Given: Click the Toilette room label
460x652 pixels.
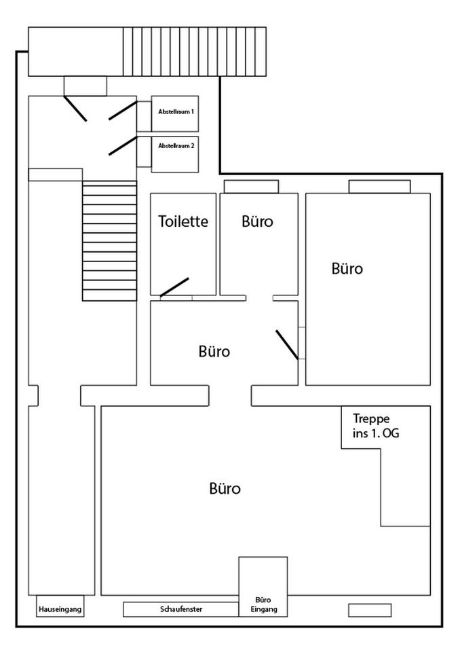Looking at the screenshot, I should coord(183,221).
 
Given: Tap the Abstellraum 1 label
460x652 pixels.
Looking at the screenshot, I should coord(176,110).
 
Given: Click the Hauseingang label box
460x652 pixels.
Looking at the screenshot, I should coord(60,609).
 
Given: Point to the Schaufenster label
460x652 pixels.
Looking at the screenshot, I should coord(181,609).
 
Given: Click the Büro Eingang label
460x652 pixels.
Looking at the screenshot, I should coord(263,605).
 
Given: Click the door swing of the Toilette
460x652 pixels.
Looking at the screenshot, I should coord(174,287).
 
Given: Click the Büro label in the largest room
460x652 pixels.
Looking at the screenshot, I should coord(225,488).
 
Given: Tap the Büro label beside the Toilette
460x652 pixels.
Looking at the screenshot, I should coord(258,221).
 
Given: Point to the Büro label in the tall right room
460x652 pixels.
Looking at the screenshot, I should coord(347,268).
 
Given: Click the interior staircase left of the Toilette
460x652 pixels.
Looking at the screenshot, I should coord(109,240).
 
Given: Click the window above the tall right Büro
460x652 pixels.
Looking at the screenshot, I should coord(379,187).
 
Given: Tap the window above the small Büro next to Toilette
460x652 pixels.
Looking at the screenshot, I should coord(251,187).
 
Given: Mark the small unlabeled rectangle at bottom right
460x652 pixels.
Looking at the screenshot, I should coord(369,610).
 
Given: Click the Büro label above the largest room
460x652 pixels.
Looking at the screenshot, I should coord(214,352).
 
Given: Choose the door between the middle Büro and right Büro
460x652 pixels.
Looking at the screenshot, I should coord(287,344).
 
